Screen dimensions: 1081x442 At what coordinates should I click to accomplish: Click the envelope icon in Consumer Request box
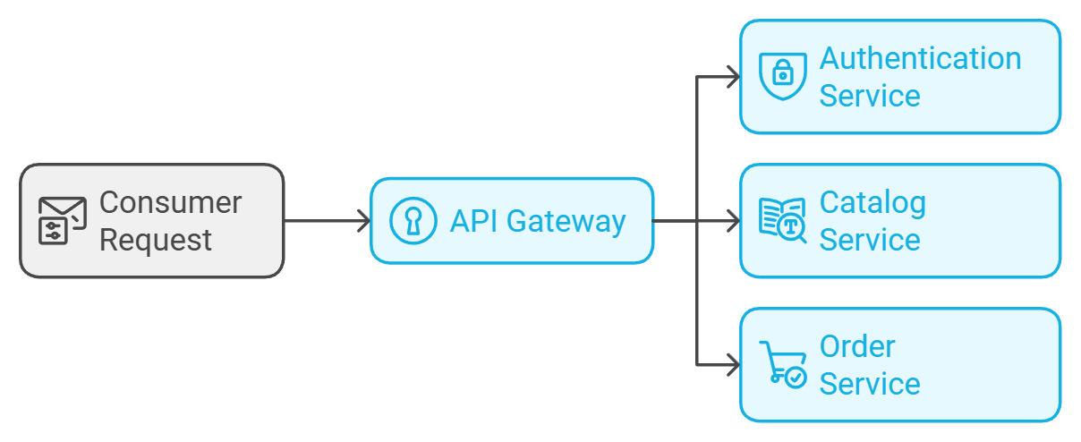tap(63, 220)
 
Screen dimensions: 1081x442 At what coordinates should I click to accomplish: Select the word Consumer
tap(170, 202)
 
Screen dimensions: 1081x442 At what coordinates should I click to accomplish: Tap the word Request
tap(156, 241)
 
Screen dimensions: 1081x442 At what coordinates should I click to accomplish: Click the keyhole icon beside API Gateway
tap(413, 221)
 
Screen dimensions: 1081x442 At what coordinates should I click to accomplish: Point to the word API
tap(474, 221)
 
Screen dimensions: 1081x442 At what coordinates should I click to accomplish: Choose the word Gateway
tap(566, 222)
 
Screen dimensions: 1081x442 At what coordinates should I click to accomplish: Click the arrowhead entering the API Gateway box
tap(364, 221)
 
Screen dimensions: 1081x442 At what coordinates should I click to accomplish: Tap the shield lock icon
tap(783, 76)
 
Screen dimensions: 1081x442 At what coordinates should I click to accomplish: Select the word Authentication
tap(920, 58)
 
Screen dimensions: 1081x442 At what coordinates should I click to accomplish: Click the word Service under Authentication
tap(870, 96)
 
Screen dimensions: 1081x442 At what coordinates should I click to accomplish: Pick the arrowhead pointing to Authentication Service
tap(734, 77)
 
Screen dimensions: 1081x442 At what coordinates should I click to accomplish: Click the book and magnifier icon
tap(783, 220)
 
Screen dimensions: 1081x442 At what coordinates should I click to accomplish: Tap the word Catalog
tap(873, 203)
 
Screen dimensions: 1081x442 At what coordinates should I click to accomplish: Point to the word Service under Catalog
tap(870, 240)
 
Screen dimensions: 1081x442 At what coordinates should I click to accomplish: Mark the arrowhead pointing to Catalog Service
tap(734, 221)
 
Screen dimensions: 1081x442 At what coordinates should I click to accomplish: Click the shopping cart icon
tap(783, 365)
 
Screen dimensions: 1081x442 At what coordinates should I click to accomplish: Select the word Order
tap(857, 346)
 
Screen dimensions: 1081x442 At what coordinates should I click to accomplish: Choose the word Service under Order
tap(870, 384)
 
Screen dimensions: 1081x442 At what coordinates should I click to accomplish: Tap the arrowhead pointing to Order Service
tap(734, 365)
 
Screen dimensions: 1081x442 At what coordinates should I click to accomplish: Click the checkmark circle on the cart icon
tap(796, 378)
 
